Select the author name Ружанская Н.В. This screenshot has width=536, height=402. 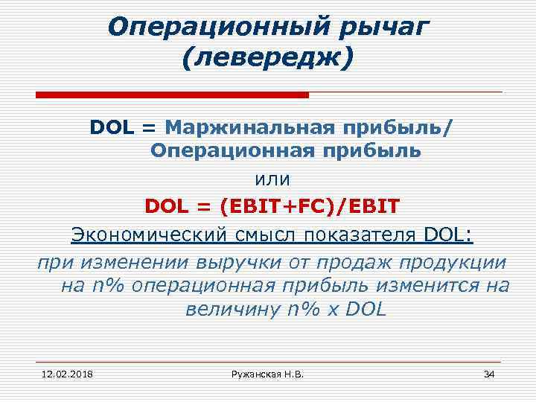(267, 372)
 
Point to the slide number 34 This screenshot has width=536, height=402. (488, 372)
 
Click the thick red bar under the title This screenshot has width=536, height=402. (172, 95)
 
